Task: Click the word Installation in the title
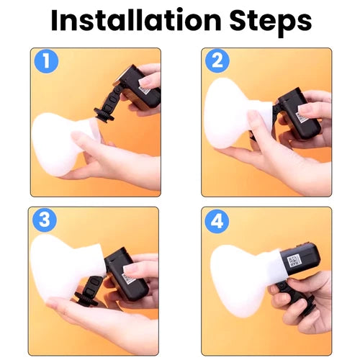(136, 21)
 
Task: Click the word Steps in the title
(271, 23)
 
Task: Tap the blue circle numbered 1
(46, 61)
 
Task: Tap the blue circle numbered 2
(217, 60)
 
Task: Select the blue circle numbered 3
(45, 220)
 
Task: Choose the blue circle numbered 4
(217, 221)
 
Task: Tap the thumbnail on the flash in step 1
(146, 83)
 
